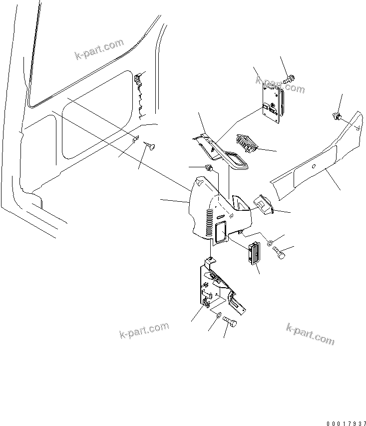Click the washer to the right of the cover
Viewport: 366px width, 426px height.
tap(270, 243)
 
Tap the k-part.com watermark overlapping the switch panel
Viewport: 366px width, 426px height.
tap(280, 84)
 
